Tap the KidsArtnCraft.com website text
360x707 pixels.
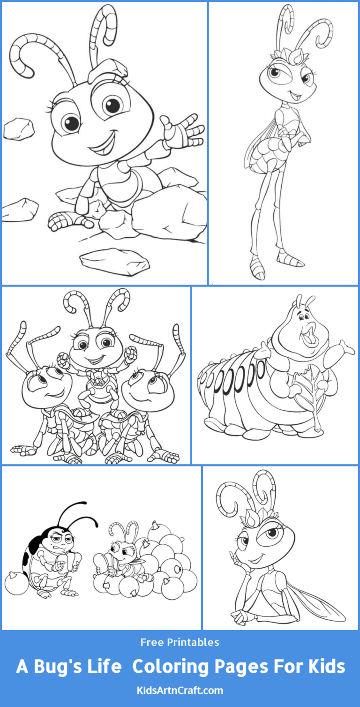pos(180,690)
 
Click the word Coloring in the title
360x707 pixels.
pos(170,667)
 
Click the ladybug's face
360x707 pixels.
pos(60,539)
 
